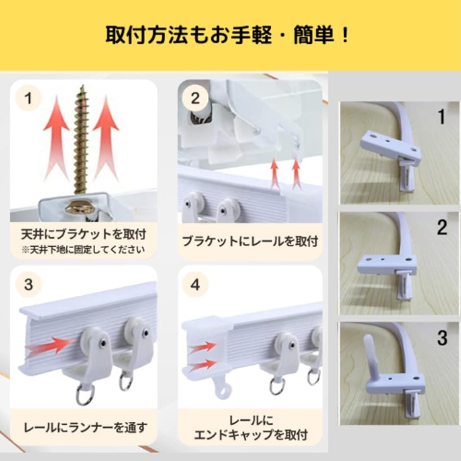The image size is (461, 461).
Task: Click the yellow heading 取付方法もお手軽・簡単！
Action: click(227, 36)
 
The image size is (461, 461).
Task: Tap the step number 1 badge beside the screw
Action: click(28, 98)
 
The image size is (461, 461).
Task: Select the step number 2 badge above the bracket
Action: click(195, 98)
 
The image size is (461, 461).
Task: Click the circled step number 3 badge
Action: click(28, 284)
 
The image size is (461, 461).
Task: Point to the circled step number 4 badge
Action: click(195, 284)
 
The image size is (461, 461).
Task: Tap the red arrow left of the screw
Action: click(56, 138)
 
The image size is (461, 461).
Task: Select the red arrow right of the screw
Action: click(106, 138)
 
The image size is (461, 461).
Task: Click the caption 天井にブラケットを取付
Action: click(84, 234)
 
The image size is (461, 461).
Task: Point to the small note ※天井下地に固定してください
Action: click(83, 250)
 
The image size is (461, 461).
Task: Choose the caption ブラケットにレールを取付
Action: click(250, 241)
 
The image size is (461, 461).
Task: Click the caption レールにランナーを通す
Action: click(85, 428)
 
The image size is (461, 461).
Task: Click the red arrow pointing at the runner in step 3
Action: click(50, 345)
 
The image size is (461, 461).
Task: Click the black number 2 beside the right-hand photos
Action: click(442, 227)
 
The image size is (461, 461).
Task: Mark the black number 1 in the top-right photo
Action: click(442, 117)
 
